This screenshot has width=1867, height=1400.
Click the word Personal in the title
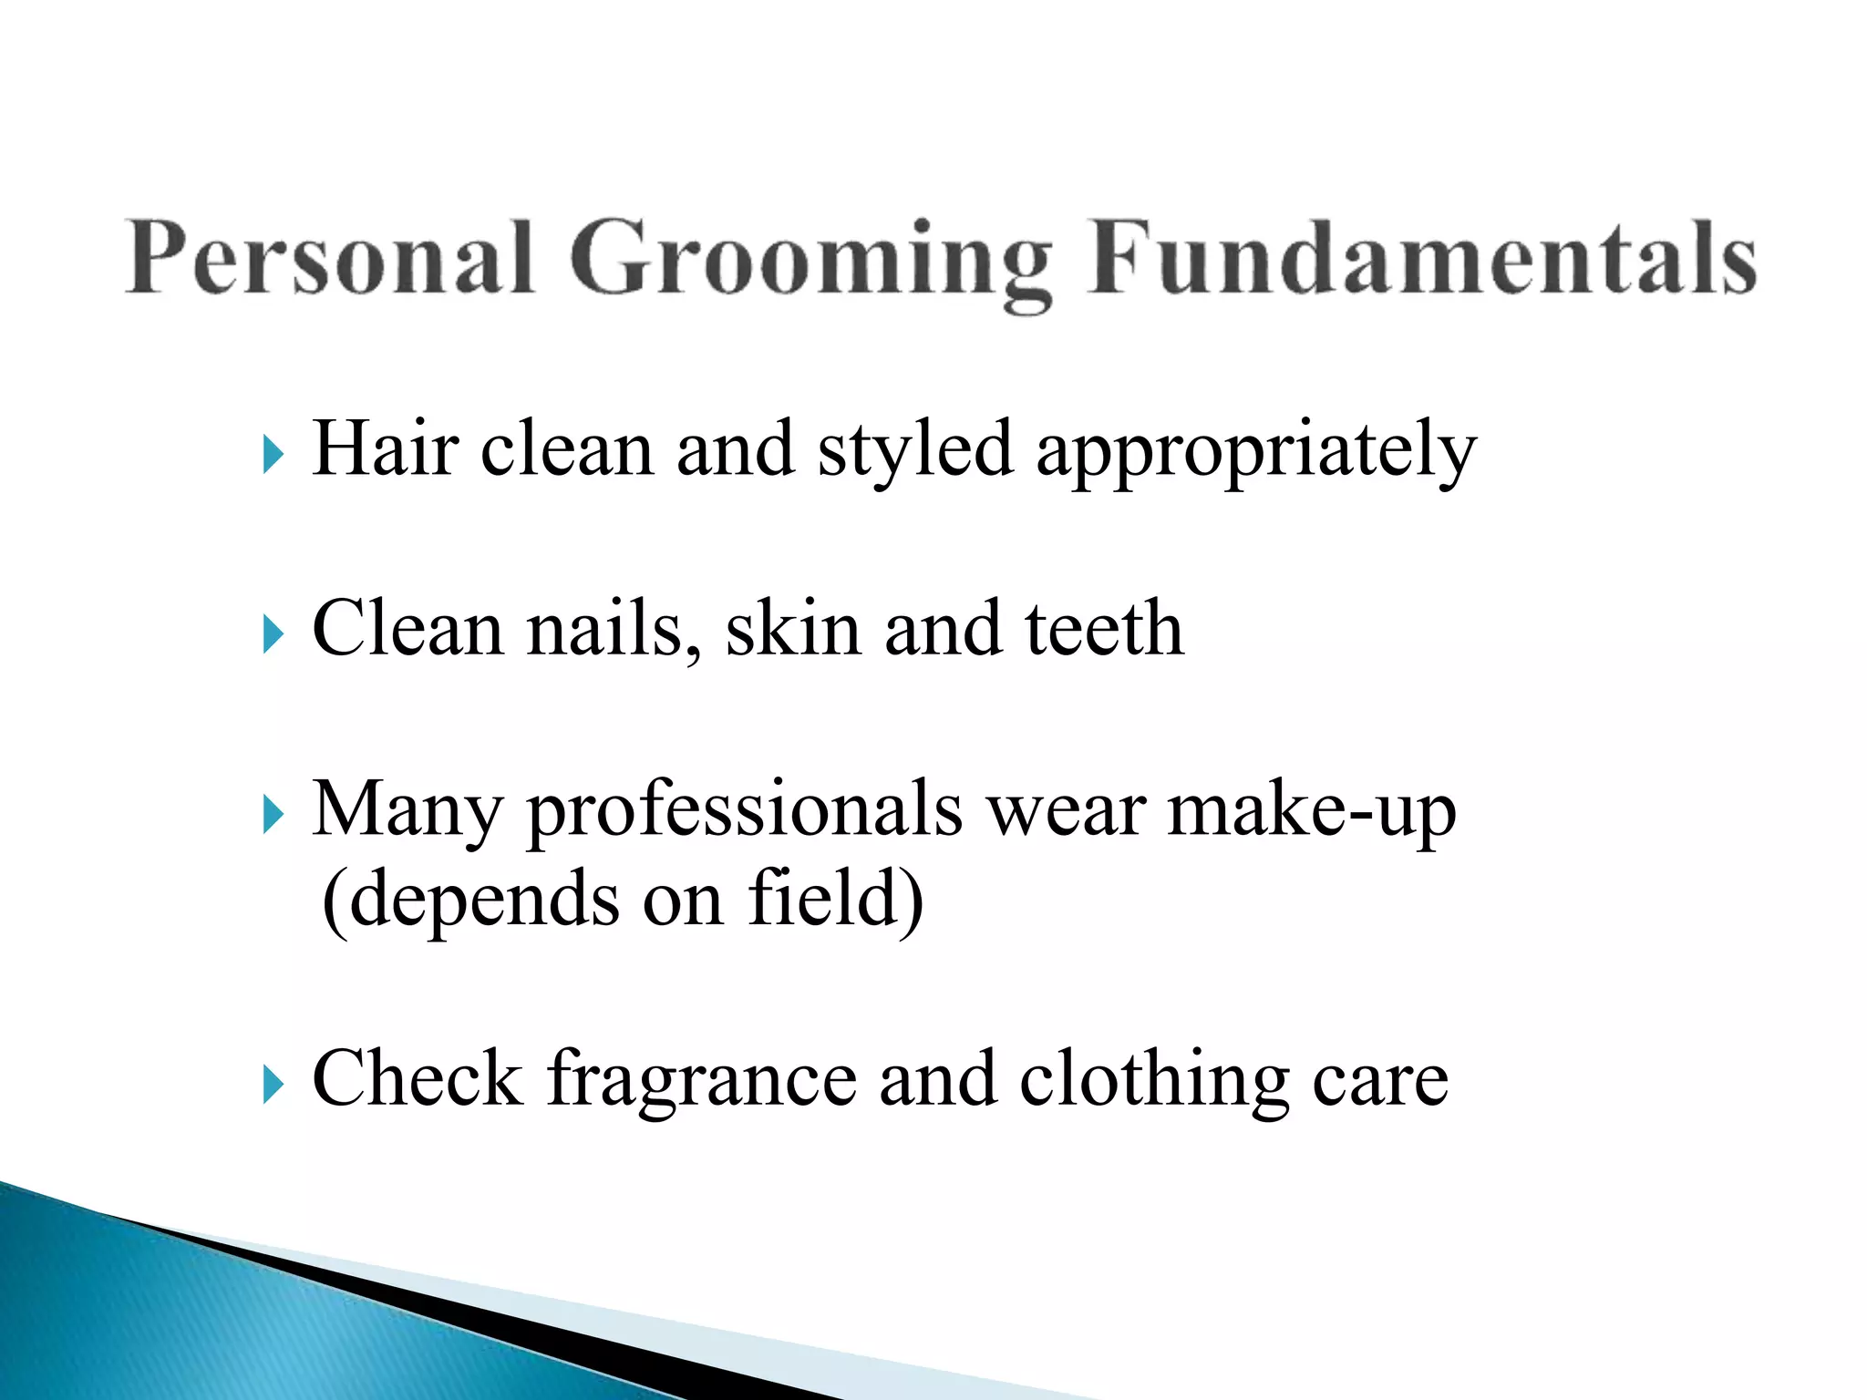tap(329, 259)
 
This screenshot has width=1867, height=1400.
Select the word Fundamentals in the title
tap(1422, 259)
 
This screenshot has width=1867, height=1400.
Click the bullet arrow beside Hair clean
tap(273, 453)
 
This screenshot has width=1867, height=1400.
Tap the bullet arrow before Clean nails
tap(273, 633)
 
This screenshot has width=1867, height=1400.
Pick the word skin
tap(793, 630)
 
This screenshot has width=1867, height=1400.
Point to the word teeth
tap(1104, 630)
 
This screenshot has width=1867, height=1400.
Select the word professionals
tap(745, 810)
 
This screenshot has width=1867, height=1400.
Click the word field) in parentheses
tap(835, 900)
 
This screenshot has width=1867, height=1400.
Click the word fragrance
tap(702, 1081)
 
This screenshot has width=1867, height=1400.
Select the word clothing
tap(1154, 1081)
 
